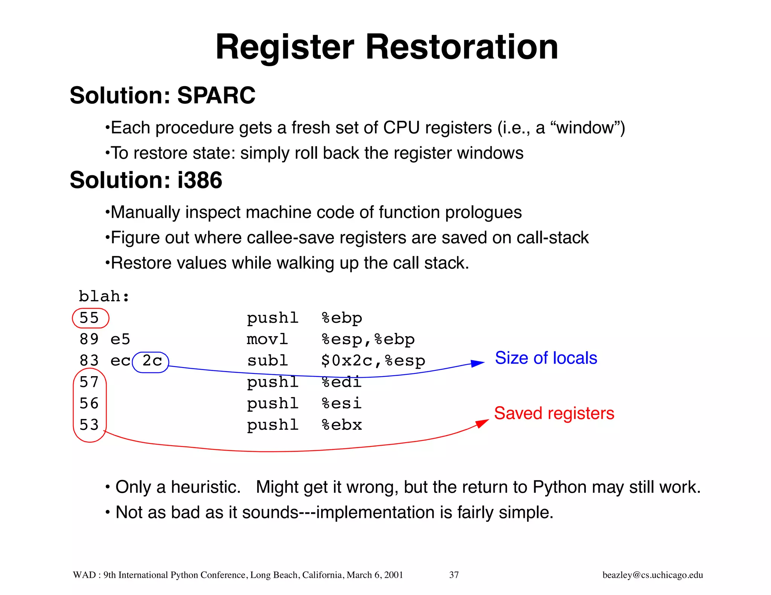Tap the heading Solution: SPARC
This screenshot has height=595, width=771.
point(162,96)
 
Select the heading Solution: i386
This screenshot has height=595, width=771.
point(146,180)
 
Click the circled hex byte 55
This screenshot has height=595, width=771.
point(89,318)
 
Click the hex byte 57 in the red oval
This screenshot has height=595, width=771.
point(89,382)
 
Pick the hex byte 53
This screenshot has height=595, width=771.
point(89,425)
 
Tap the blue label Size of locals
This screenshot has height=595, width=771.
point(546,358)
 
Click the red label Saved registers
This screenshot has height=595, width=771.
point(554,413)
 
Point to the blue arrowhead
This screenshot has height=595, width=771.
point(477,363)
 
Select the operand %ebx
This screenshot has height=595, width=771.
point(342,425)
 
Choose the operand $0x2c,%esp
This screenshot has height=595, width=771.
point(373,361)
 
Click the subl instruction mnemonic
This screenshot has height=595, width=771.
point(268,361)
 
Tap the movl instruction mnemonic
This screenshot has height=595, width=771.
point(268,340)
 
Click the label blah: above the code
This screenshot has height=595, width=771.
point(104,297)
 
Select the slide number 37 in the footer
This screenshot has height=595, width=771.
point(454,575)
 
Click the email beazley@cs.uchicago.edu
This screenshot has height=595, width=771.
point(652,575)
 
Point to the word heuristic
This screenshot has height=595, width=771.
point(205,487)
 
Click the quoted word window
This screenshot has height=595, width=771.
point(585,128)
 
